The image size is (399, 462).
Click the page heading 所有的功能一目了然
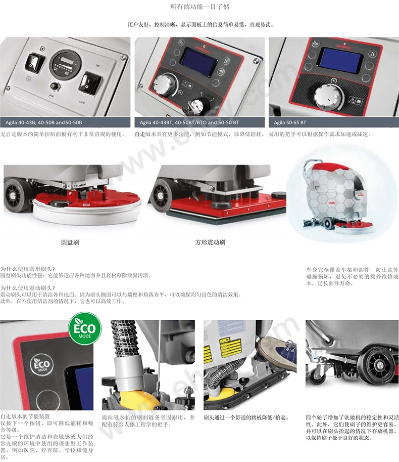click(199, 7)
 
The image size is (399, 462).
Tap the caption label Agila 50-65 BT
click(290, 122)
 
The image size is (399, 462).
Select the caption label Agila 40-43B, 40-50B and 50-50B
click(44, 122)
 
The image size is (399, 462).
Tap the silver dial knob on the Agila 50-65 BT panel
click(329, 96)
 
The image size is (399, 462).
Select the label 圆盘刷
click(70, 242)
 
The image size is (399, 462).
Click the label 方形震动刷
click(210, 242)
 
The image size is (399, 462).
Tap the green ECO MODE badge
click(85, 328)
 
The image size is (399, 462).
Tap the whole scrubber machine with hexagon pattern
click(338, 195)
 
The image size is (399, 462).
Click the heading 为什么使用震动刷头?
click(28, 288)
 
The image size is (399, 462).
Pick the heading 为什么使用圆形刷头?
click(28, 269)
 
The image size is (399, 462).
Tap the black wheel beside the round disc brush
click(17, 195)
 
